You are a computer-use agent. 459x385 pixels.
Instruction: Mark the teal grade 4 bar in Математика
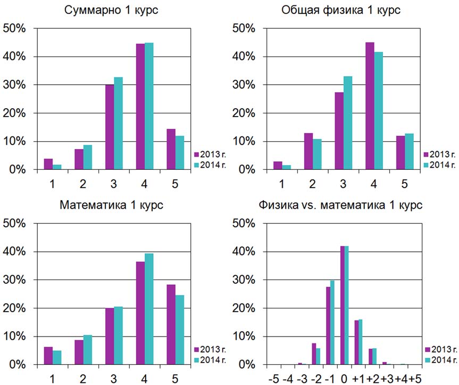(x=149, y=309)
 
